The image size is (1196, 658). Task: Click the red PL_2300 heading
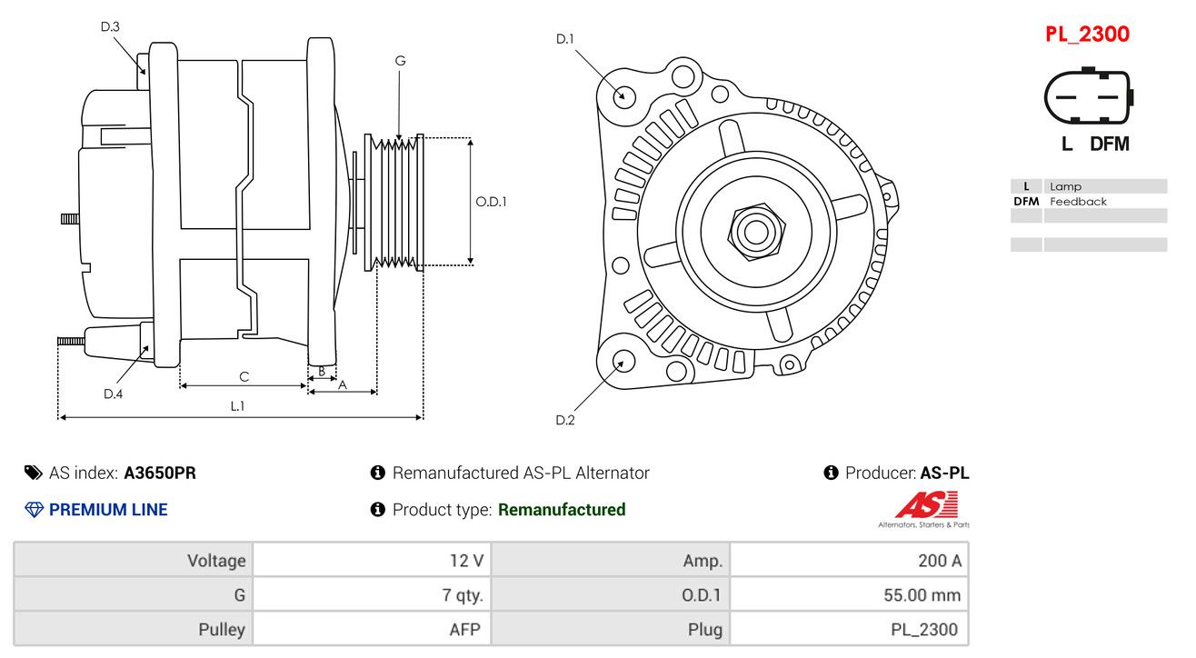1087,35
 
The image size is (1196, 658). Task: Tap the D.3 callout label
110,26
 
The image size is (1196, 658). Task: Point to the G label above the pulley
401,61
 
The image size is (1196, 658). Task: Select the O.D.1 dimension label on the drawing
491,202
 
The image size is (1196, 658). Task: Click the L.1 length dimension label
237,406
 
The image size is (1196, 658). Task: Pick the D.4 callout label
113,394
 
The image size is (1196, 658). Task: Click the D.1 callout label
565,39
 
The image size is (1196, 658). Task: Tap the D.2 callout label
565,420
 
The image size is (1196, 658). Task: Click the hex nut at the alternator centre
756,232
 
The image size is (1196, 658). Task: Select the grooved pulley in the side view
394,203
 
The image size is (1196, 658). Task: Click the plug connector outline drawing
1089,96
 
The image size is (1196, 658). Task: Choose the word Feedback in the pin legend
1078,202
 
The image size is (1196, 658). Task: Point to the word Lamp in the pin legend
1065,186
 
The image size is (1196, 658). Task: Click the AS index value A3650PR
160,473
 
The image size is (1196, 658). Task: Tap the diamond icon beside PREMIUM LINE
35,510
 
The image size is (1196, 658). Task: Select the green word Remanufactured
562,510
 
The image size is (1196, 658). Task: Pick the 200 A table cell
849,560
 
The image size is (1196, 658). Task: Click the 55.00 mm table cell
849,594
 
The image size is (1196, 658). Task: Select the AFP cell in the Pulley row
372,629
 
